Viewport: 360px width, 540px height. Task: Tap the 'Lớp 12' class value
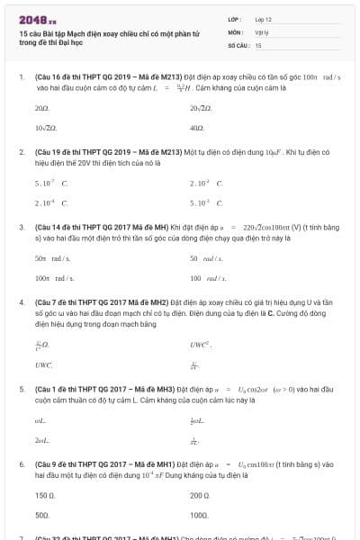coord(264,19)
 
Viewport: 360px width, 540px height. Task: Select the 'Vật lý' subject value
coord(262,31)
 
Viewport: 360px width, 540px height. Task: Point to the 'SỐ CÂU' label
coord(238,44)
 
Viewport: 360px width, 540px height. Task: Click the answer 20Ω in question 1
coord(41,108)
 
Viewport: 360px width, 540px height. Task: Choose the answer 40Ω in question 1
coord(197,129)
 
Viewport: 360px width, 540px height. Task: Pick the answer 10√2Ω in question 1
coord(45,129)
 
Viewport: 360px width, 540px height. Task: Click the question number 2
coord(22,153)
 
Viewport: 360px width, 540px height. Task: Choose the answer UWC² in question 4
coord(200,345)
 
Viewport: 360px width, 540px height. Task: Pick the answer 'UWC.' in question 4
coord(44,365)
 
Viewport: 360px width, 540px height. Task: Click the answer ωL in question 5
coord(40,420)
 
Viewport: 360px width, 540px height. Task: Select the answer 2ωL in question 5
coord(41,441)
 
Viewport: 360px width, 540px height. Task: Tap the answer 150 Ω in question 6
coord(45,495)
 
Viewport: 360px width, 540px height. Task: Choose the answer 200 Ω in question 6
coord(200,495)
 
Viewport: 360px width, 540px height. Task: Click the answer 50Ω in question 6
coord(42,516)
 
